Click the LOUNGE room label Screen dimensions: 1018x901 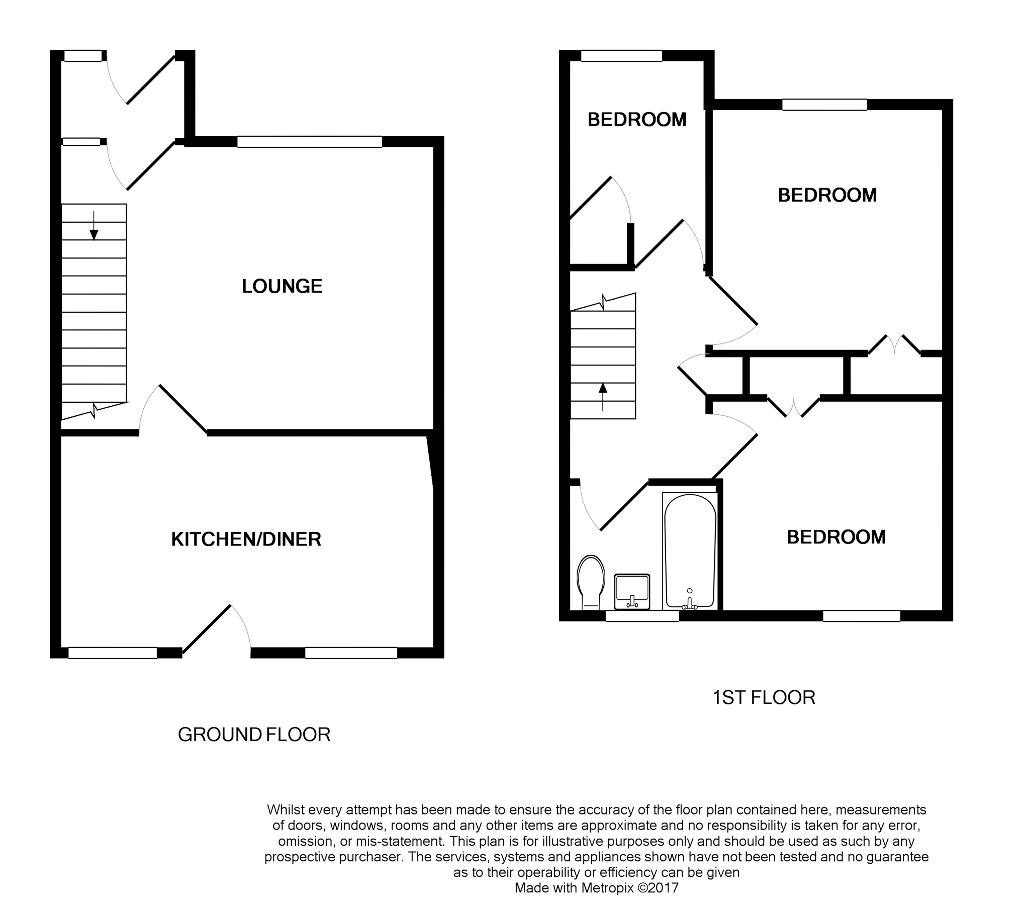282,286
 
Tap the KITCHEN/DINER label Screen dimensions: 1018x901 246,539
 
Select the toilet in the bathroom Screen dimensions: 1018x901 591,582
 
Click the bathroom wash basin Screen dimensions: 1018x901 632,591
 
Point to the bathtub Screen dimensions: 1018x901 690,551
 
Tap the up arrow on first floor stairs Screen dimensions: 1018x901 603,397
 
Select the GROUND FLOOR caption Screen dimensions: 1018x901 254,735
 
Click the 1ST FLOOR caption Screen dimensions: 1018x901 764,697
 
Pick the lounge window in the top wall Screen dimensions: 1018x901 310,142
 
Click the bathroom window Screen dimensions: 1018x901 642,616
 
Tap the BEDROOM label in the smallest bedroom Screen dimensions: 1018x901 637,120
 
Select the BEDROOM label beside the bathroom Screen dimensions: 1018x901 836,537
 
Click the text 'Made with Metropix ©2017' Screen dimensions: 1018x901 597,888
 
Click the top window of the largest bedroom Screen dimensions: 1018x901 824,105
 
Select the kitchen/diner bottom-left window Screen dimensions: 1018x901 113,653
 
